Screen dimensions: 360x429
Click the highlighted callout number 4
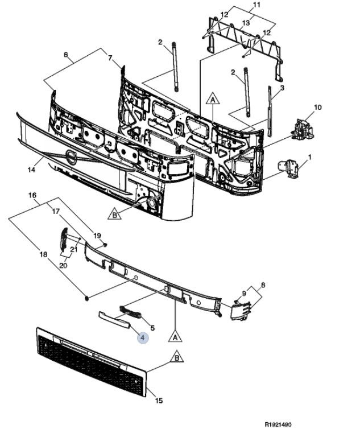pos(143,338)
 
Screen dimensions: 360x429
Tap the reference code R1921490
pos(278,424)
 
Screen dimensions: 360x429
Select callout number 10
pos(317,107)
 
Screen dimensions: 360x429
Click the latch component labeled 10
pos(303,129)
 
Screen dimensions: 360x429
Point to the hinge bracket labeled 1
pos(288,170)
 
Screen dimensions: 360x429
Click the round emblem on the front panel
pos(71,158)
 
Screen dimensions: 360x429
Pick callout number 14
pos(31,170)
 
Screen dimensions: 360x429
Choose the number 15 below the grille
pos(159,401)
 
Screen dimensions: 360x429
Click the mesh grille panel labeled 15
pos(91,361)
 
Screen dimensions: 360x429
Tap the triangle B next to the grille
pos(177,357)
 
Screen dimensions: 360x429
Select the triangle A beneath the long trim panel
pos(175,336)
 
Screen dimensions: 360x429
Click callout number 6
pos(65,55)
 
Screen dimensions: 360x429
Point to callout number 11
pos(256,5)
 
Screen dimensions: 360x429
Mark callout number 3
pos(282,88)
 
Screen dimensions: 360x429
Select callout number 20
pos(63,265)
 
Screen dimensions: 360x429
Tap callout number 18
pos(43,254)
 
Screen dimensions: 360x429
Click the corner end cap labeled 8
pos(241,310)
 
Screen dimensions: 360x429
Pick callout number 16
pos(32,195)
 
